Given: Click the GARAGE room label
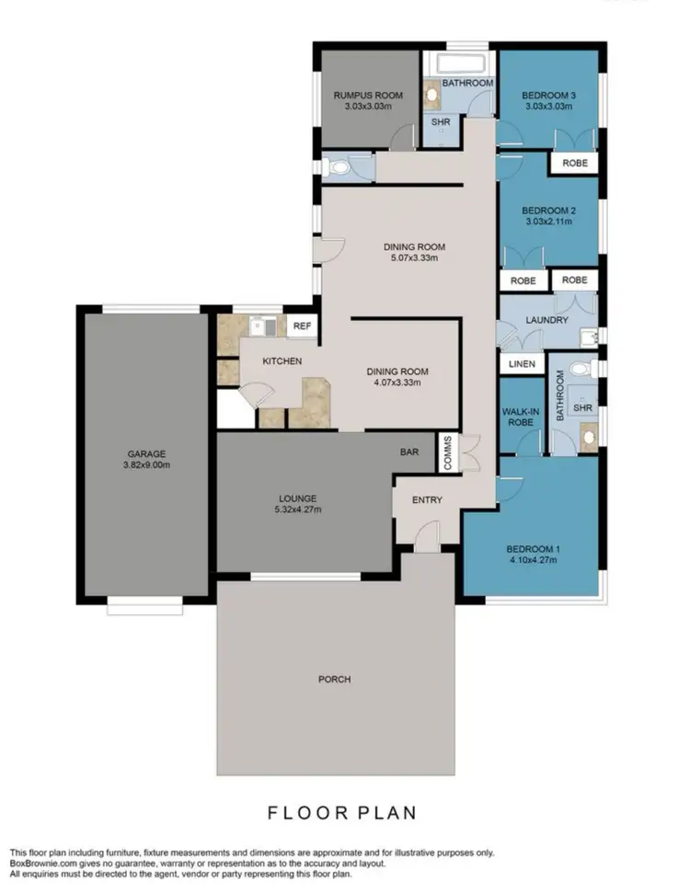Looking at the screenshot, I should pyautogui.click(x=147, y=453).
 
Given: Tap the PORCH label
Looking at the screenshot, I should pyautogui.click(x=335, y=680).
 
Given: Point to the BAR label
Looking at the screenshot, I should pyautogui.click(x=410, y=452).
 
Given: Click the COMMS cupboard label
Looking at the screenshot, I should pyautogui.click(x=449, y=453).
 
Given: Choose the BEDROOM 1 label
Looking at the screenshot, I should pyautogui.click(x=533, y=549).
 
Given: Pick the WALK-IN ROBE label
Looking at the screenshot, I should pyautogui.click(x=521, y=417).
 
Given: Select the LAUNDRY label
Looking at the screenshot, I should pyautogui.click(x=547, y=320).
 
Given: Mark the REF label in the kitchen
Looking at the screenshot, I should pyautogui.click(x=301, y=326).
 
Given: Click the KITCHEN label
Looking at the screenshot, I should pyautogui.click(x=282, y=361).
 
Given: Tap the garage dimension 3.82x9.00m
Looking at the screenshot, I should pyautogui.click(x=147, y=465).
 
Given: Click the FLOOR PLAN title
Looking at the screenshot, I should pyautogui.click(x=342, y=813).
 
